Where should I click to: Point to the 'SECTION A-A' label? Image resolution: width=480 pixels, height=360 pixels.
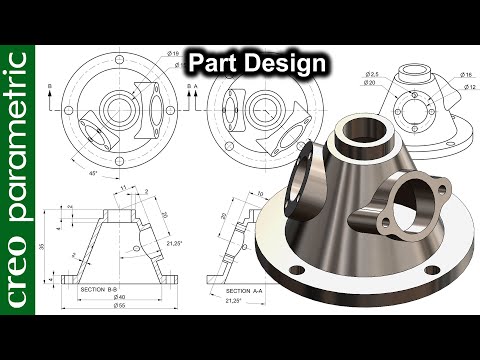click(246, 288)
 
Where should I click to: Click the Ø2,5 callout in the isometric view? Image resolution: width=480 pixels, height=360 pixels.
click(372, 74)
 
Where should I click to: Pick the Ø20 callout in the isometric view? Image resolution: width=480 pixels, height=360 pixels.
click(372, 84)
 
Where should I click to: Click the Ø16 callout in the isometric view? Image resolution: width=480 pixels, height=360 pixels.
click(467, 74)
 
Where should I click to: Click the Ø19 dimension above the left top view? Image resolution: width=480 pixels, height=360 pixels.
click(174, 55)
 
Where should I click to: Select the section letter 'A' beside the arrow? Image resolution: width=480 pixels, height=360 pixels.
click(195, 87)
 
